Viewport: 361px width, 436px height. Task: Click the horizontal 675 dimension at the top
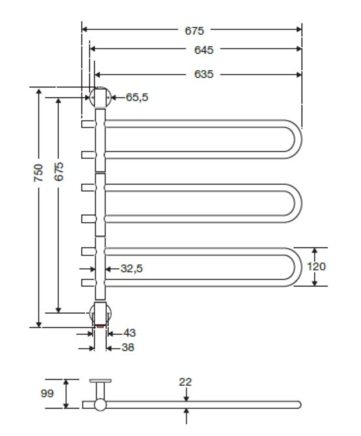(x=193, y=30)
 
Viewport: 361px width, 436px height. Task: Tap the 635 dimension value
(x=203, y=74)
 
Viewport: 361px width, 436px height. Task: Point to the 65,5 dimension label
(x=136, y=97)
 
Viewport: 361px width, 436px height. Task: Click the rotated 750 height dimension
(x=39, y=173)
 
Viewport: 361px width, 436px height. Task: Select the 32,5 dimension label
(x=131, y=268)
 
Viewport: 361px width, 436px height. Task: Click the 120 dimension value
(x=315, y=266)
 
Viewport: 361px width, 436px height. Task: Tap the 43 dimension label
(x=128, y=333)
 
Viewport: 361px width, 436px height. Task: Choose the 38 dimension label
(x=128, y=348)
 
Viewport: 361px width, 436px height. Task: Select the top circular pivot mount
(x=100, y=98)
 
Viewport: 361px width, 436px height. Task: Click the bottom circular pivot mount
(x=100, y=312)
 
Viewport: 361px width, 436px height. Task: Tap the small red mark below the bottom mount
(x=100, y=324)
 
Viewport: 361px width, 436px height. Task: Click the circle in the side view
(x=100, y=405)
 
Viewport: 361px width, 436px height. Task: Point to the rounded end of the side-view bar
(x=298, y=404)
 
